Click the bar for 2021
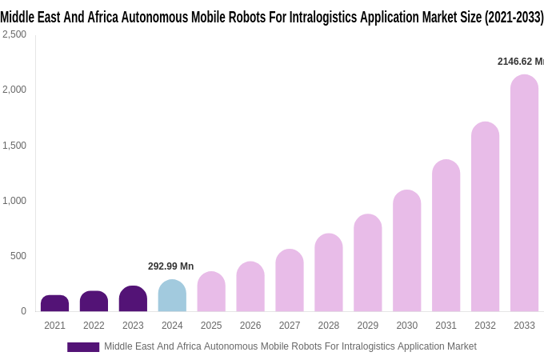coord(54,303)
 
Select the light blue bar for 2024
coord(172,295)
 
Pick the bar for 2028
coord(329,273)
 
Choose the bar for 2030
coord(406,251)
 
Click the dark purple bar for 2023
coord(133,298)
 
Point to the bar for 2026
coord(250,286)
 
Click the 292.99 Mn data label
coord(170,266)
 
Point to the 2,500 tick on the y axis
coord(14,34)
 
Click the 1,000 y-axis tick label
coord(14,201)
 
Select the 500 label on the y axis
coord(18,256)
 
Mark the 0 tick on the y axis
coord(23,311)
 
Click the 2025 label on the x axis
coord(211,326)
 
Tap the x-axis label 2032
coord(485,326)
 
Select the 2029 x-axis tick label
coord(368,326)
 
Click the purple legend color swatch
coord(83,347)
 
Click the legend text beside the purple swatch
coord(290,346)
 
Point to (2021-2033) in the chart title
coord(514,16)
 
